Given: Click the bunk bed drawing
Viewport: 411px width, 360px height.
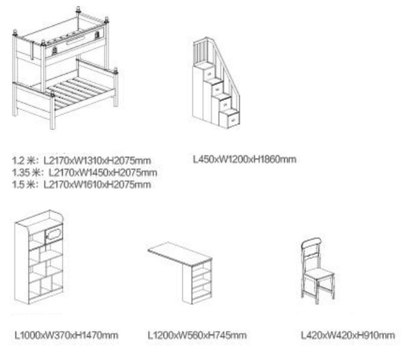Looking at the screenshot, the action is [65, 68].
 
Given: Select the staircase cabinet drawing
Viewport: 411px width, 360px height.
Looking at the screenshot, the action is [216, 83].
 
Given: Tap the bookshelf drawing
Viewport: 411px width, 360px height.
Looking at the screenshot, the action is [39, 257].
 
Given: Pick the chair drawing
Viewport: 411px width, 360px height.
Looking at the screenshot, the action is [317, 271].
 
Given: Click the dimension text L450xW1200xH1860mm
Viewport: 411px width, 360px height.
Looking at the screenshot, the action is [244, 159].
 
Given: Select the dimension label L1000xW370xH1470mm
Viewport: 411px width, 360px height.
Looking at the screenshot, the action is [66, 335].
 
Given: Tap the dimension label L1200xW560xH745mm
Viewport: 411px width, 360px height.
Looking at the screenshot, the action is [197, 335].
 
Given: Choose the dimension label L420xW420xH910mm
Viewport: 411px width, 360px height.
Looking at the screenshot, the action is [348, 335].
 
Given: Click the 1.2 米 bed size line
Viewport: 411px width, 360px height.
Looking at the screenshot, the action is [81, 160].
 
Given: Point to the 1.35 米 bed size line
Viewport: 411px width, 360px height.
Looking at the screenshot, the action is [84, 172].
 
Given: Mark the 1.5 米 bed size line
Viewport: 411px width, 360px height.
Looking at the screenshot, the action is [81, 184].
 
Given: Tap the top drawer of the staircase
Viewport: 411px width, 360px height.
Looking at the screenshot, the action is [210, 74].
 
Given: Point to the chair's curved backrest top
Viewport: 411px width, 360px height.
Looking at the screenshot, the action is [311, 243].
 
